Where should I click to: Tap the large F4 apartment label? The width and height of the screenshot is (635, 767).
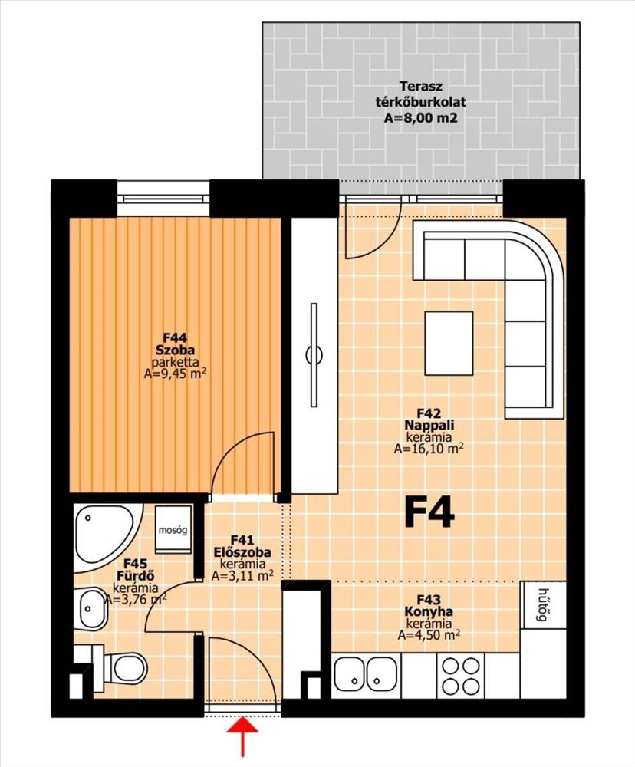click(429, 512)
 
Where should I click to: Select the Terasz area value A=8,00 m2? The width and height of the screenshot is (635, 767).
click(420, 118)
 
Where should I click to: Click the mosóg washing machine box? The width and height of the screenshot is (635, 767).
click(173, 529)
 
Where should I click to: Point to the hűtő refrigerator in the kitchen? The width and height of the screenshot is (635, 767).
click(542, 604)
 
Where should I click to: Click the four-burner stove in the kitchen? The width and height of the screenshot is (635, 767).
click(460, 676)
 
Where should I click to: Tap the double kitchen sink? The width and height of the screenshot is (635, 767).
click(366, 676)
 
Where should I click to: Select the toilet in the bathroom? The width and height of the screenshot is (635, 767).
click(120, 668)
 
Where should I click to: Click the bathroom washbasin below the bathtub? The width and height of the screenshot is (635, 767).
click(91, 608)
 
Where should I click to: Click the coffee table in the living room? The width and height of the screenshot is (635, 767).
click(449, 344)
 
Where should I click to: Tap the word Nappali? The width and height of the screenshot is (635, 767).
click(429, 425)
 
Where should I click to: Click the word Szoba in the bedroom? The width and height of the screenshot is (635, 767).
click(175, 351)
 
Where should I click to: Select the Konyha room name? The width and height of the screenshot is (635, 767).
click(429, 611)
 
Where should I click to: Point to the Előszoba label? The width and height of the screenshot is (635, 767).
click(242, 552)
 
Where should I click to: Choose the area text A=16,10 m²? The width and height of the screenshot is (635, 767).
click(429, 449)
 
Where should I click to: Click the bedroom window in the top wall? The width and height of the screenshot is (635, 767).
click(163, 198)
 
